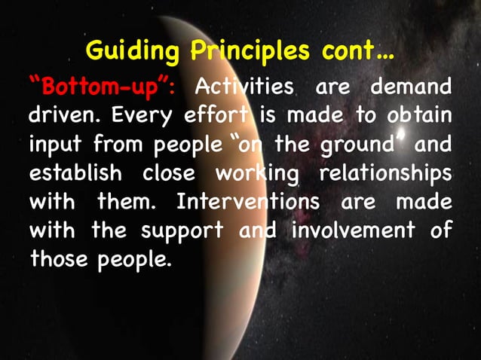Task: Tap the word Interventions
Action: [x=250, y=203]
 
